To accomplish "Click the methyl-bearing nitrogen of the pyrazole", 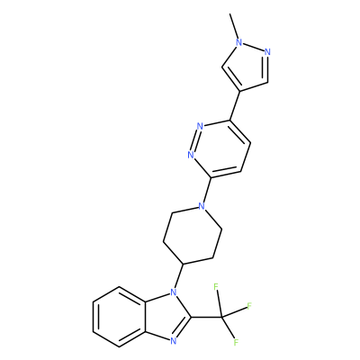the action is (x=239, y=42).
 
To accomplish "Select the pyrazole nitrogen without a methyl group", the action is (x=267, y=52).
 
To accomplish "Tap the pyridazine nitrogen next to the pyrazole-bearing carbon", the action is (x=200, y=126).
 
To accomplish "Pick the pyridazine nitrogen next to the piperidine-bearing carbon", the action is (x=191, y=155).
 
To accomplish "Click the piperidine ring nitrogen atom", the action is (x=202, y=206).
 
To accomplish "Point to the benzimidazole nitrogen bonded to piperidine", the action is (x=173, y=292).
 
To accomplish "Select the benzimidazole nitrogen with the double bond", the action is (x=173, y=340).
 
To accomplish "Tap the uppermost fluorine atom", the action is (x=216, y=287).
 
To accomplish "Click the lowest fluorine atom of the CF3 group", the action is (x=236, y=342).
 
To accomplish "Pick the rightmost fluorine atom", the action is (x=249, y=306).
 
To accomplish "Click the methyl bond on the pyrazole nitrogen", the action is (x=234, y=26).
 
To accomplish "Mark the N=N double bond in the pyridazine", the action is (x=195, y=140).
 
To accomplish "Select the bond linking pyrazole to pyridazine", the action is (x=235, y=105).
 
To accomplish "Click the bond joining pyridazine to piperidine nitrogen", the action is (x=207, y=190).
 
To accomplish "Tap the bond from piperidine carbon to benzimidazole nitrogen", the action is (x=178, y=275).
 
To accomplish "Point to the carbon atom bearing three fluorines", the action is (x=221, y=317).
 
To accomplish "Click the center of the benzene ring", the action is (x=120, y=317).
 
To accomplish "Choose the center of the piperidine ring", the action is (x=193, y=235).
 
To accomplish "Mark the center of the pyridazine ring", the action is (x=220, y=148).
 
